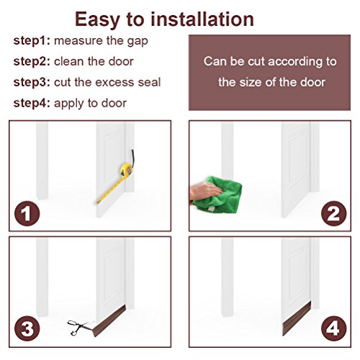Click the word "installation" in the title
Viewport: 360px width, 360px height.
pyautogui.click(x=202, y=19)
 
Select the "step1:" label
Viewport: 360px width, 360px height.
pyautogui.click(x=32, y=41)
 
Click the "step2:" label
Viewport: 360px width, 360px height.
pyautogui.click(x=32, y=61)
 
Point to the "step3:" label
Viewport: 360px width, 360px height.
pyautogui.click(x=32, y=82)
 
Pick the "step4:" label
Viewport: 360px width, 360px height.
pyautogui.click(x=32, y=104)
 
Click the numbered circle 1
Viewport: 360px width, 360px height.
pyautogui.click(x=27, y=213)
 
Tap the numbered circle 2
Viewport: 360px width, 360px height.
pyautogui.click(x=333, y=213)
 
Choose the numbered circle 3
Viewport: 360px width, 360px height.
pyautogui.click(x=27, y=328)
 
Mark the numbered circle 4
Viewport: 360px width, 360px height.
pyautogui.click(x=333, y=328)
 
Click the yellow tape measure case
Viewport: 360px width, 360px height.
pyautogui.click(x=126, y=170)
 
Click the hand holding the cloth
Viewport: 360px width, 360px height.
pyautogui.click(x=204, y=191)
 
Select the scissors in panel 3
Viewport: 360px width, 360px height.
pyautogui.click(x=80, y=328)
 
